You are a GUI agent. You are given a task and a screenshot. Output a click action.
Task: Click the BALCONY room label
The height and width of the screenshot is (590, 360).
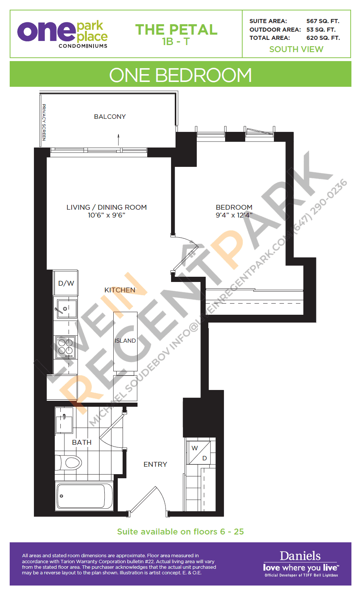110,117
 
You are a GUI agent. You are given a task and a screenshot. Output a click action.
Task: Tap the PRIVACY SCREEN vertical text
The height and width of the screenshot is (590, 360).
44,122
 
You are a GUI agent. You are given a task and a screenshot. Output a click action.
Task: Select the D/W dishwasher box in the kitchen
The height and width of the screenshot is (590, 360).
66,283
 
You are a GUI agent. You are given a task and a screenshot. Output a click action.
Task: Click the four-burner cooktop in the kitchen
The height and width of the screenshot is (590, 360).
66,347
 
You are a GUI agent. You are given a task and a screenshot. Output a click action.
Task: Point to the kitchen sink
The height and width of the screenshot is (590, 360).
66,309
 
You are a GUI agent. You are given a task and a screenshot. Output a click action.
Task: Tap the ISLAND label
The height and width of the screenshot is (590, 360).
125,340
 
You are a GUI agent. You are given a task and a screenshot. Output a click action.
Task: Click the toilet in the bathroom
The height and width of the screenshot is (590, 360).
69,463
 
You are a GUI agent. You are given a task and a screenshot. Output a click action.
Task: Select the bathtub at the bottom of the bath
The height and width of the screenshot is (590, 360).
84,496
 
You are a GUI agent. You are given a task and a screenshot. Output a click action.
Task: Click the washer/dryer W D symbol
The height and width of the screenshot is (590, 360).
199,453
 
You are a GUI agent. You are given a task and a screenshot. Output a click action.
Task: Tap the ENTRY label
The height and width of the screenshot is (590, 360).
155,464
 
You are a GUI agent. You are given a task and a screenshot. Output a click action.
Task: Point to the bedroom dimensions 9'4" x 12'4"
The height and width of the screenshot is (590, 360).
234,215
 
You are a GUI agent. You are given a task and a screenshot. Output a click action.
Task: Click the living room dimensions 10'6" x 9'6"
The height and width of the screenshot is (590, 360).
107,215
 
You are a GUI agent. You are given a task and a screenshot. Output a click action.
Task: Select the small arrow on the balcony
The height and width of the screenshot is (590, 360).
119,139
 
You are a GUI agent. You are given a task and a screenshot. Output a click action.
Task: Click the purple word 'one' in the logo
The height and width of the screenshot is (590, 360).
46,32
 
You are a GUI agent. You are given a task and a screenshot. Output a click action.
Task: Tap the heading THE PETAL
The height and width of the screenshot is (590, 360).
176,30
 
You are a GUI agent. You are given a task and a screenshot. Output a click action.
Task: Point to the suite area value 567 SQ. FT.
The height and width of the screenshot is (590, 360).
323,21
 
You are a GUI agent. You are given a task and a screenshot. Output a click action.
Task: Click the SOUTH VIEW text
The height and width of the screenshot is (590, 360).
296,49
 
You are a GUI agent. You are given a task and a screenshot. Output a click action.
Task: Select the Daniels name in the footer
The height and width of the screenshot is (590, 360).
300,556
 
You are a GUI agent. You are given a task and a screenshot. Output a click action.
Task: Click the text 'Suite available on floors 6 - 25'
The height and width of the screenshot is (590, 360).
180,532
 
